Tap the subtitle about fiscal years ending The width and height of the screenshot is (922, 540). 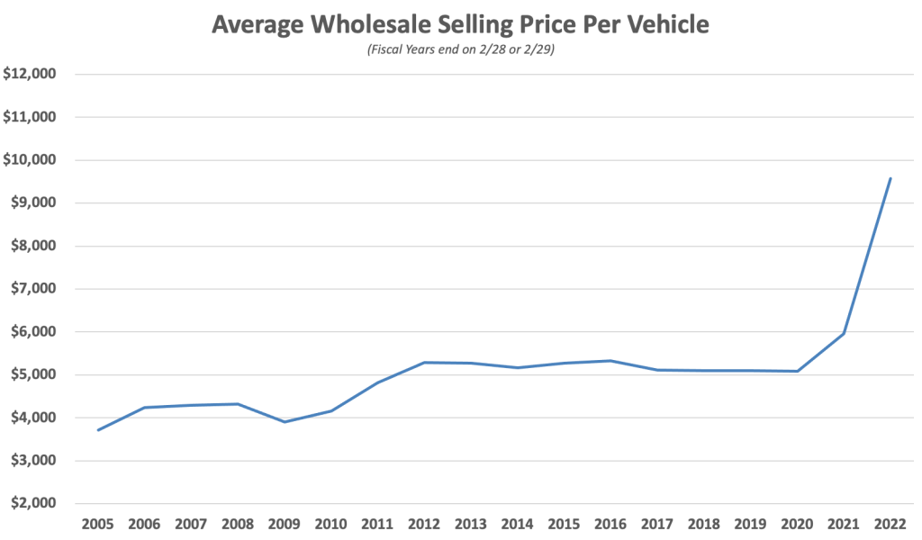coord(460,49)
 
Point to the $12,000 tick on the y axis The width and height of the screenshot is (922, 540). coord(30,74)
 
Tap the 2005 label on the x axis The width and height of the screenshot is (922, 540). coord(97,523)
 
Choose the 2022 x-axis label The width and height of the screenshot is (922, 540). coord(890,523)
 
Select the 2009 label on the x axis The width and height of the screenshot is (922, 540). coord(284,523)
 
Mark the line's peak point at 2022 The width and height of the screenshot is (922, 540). coord(890,178)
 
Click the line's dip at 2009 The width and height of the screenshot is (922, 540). coord(285,422)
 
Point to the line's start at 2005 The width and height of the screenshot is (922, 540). coord(98,430)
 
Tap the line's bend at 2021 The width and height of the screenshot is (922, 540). coord(844,334)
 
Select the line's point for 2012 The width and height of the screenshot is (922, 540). coord(424,363)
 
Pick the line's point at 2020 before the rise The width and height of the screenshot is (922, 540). coord(797,372)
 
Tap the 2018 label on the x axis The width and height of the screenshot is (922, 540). coord(703,523)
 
